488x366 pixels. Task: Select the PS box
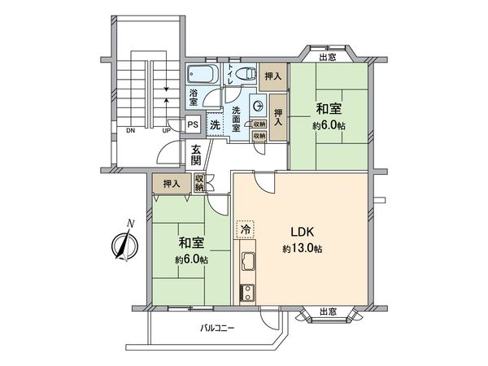tap(193, 125)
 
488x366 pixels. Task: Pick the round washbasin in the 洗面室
tap(256, 104)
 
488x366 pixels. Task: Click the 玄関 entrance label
tap(198, 154)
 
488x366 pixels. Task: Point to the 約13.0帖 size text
tap(303, 248)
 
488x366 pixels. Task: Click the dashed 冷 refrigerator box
tap(244, 230)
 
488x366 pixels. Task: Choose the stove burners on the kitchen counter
tap(246, 292)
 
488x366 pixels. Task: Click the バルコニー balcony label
tap(217, 329)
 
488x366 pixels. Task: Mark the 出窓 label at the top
tap(329, 57)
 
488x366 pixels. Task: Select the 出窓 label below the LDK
tap(329, 312)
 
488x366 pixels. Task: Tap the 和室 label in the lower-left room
tap(190, 244)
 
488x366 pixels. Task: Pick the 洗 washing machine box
tap(215, 125)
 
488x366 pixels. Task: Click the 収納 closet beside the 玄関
tap(199, 184)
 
